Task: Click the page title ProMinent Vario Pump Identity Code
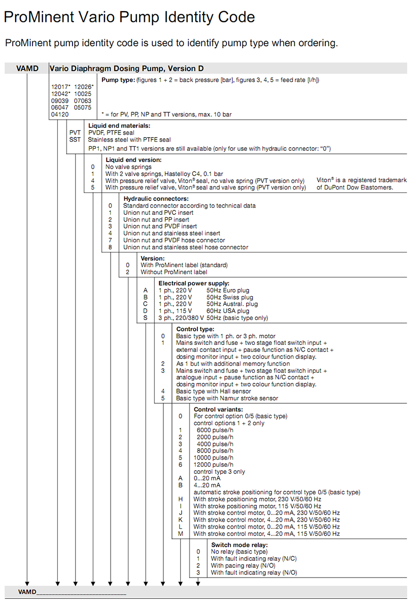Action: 129,18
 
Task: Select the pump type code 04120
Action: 59,114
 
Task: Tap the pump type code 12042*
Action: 60,93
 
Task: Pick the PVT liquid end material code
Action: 75,133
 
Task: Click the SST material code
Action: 75,139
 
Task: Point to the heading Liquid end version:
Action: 133,159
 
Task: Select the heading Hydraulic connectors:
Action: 156,199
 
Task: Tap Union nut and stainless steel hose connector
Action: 186,247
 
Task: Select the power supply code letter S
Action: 146,318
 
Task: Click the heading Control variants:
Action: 218,409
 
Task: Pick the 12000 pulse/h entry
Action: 213,464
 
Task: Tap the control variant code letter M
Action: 180,534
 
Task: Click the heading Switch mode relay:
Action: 239,545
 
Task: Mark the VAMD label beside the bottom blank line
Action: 27,592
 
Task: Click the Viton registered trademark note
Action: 361,183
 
